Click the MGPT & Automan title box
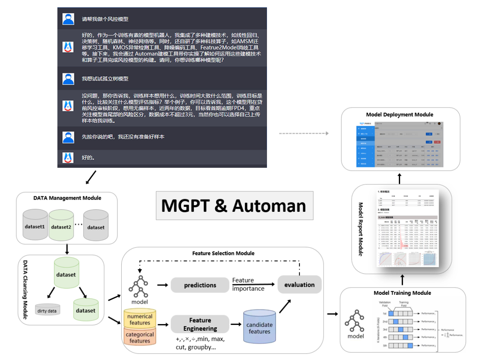point(234,206)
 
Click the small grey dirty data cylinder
point(48,310)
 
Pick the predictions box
point(200,285)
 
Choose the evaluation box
point(300,285)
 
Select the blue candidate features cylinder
point(260,328)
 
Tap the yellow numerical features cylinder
point(140,319)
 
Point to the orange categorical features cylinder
point(140,337)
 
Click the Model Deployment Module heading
point(400,114)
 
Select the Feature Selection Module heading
point(223,253)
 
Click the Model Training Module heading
point(402,293)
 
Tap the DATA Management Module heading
point(67,198)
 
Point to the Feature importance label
point(248,284)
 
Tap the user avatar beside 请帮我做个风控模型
point(68,19)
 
